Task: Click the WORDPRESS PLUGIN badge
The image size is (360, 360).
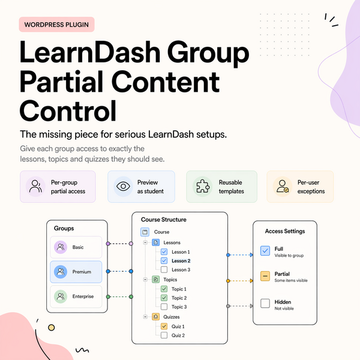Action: pyautogui.click(x=56, y=25)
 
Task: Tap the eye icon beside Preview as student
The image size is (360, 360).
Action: pyautogui.click(x=123, y=187)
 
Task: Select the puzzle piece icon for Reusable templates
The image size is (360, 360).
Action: pyautogui.click(x=202, y=187)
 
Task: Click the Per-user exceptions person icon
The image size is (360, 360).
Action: pyautogui.click(x=281, y=187)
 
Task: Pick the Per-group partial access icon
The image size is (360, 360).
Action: pyautogui.click(x=36, y=187)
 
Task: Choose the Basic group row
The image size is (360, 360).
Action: pyautogui.click(x=76, y=247)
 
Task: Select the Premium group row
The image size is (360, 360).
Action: pyautogui.click(x=76, y=272)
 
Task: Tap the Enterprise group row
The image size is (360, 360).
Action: pyautogui.click(x=76, y=296)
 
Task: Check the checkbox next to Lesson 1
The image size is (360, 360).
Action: pyautogui.click(x=164, y=252)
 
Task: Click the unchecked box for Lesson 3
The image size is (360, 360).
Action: pyautogui.click(x=164, y=270)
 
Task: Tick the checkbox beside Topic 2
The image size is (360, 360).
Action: pyautogui.click(x=164, y=298)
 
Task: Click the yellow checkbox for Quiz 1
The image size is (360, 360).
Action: pyautogui.click(x=164, y=326)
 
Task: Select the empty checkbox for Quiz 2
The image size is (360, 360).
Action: pyautogui.click(x=164, y=335)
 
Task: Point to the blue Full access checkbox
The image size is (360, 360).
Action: pyautogui.click(x=265, y=251)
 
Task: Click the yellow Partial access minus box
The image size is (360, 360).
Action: pyautogui.click(x=265, y=277)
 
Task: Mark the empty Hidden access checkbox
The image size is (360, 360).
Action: pyautogui.click(x=265, y=303)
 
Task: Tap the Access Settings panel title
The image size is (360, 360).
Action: pyautogui.click(x=285, y=231)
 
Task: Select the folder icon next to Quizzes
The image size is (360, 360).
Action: pyautogui.click(x=155, y=316)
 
